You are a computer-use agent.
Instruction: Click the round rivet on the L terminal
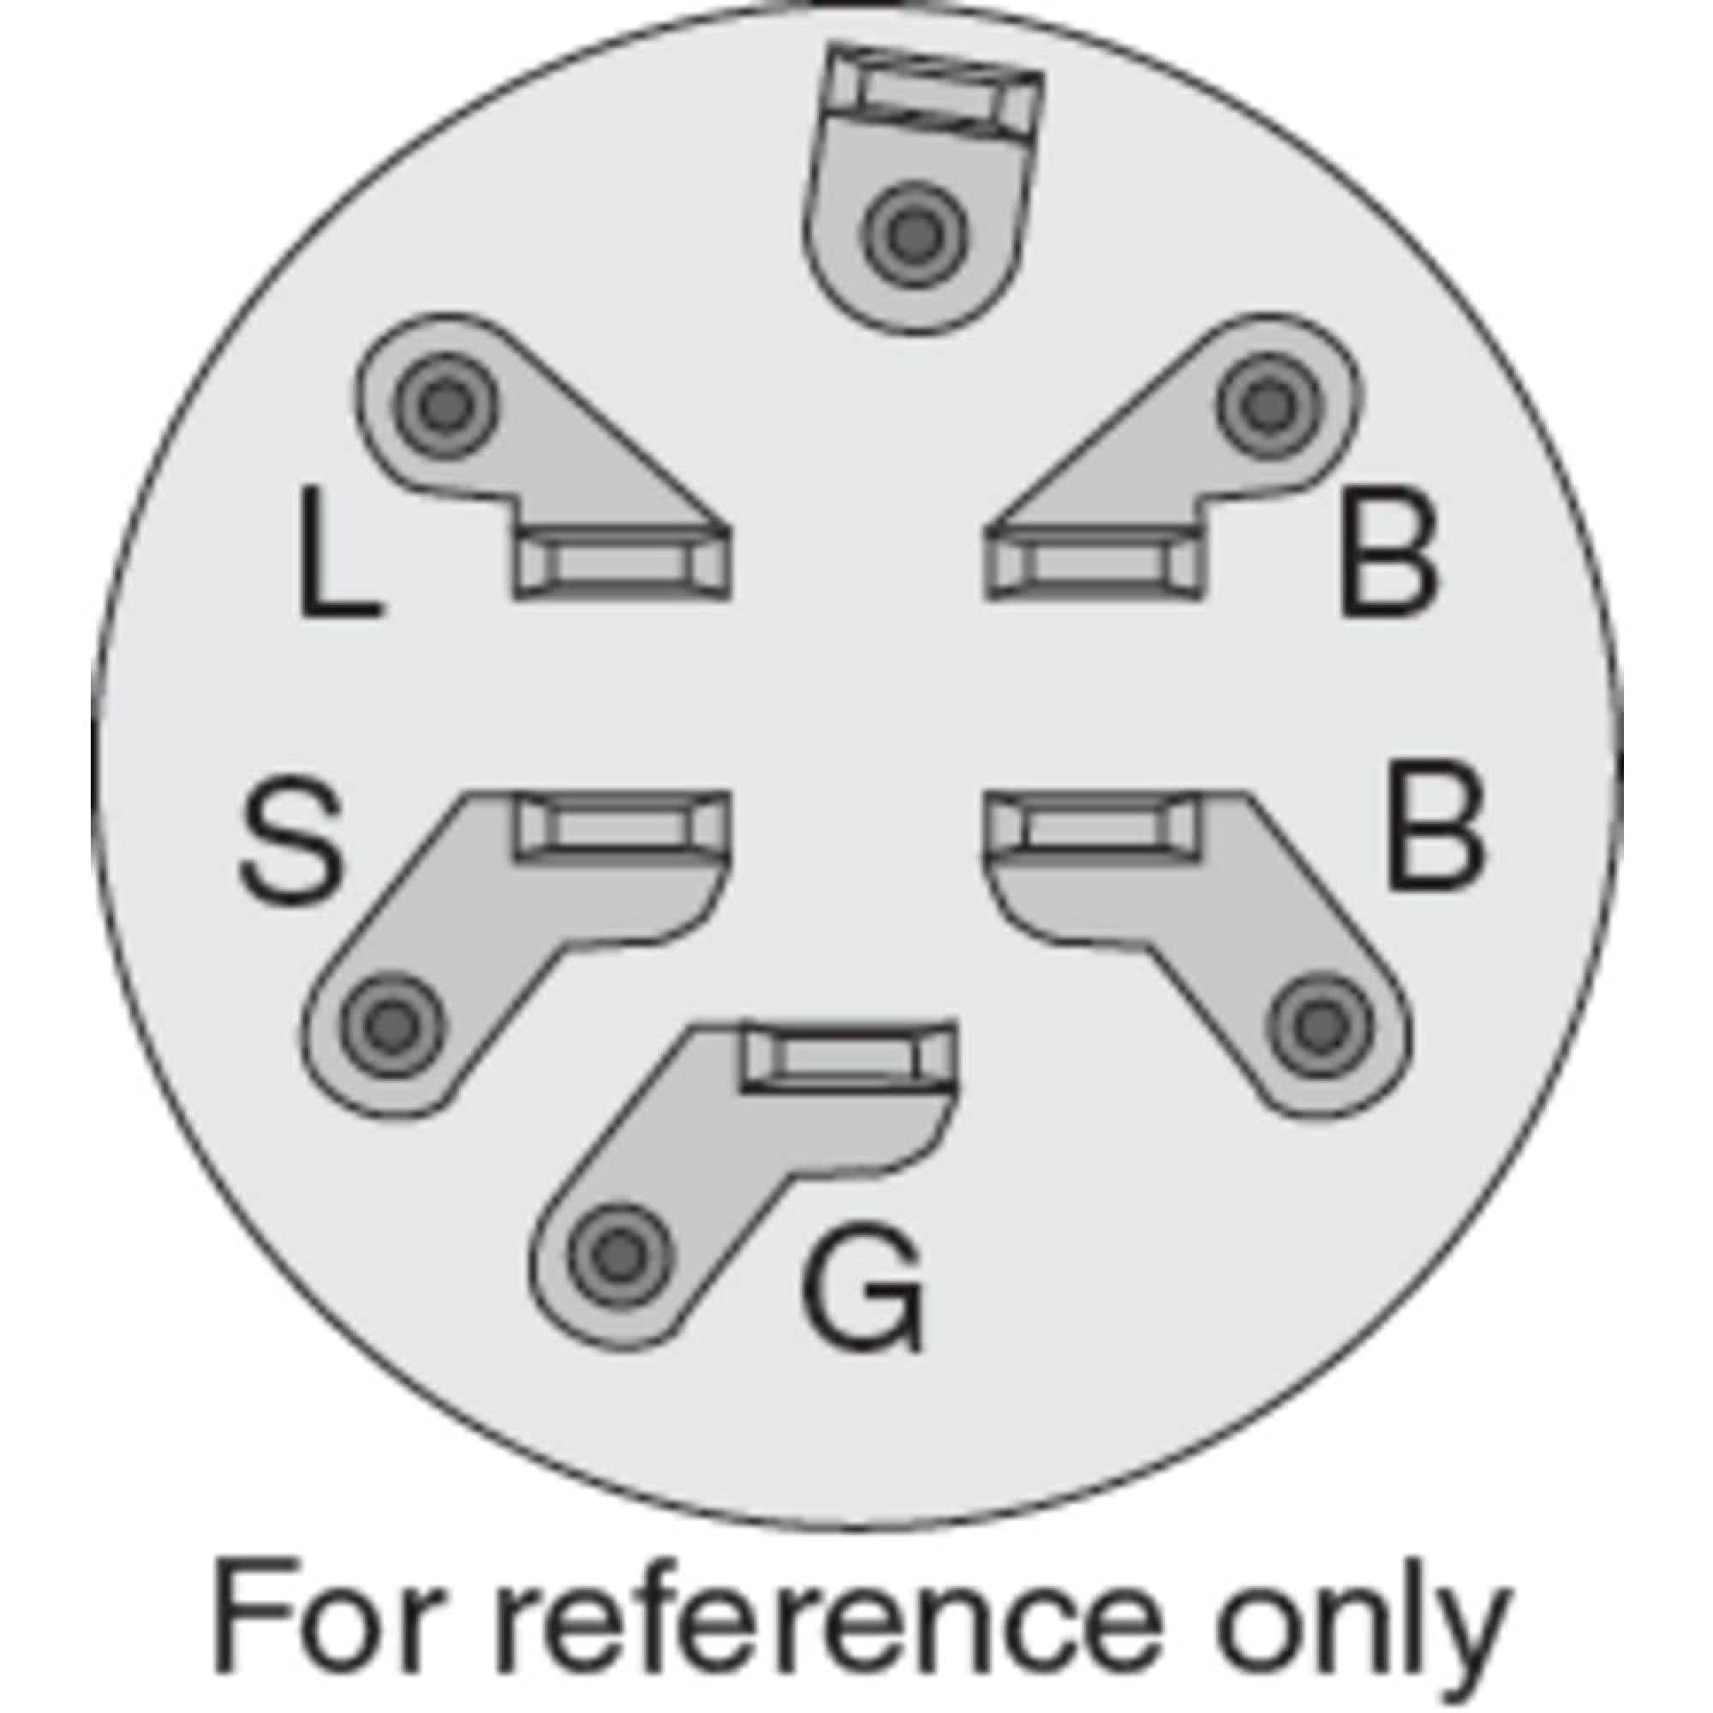(x=444, y=406)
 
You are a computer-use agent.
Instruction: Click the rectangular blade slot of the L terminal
(x=623, y=564)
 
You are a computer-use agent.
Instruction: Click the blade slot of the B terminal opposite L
(x=1093, y=564)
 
